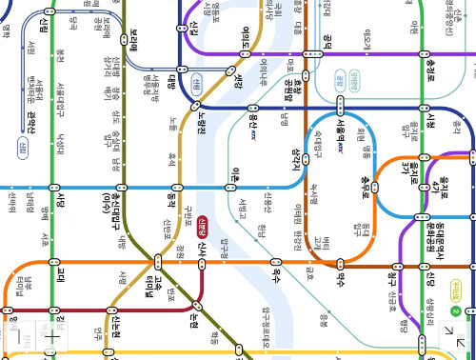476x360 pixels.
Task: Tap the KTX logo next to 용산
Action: pos(255,136)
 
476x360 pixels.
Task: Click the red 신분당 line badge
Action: pos(203,227)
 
